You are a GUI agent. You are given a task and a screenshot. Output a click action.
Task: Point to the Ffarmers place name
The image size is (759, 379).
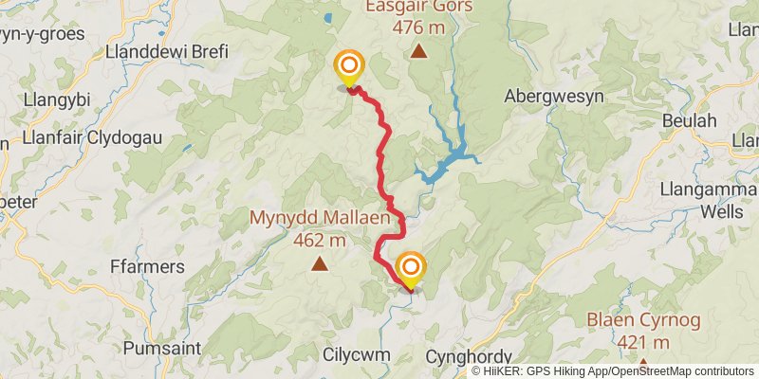[146, 266]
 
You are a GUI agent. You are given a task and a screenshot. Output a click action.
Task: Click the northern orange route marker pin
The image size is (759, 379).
[349, 66]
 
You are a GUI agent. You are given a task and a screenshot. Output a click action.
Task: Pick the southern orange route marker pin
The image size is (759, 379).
[411, 268]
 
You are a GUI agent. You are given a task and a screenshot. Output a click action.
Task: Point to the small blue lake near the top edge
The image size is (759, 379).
[328, 17]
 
